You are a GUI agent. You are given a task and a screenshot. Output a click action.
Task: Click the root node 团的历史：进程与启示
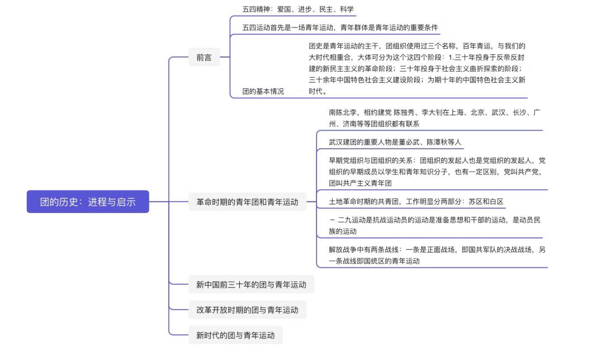[88, 201]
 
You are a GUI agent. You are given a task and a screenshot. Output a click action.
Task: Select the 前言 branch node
[204, 58]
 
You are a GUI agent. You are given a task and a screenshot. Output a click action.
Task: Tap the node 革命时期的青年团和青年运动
[248, 202]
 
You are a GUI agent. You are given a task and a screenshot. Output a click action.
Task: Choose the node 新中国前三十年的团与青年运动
[251, 285]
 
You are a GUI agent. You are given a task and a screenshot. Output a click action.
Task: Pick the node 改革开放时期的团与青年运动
[248, 310]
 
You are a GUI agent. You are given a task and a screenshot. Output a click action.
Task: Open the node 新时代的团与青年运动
[236, 335]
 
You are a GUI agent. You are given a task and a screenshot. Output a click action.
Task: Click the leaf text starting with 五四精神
[298, 9]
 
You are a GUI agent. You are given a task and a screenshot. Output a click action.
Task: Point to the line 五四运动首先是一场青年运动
[340, 27]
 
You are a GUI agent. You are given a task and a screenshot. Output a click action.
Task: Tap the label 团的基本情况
[263, 91]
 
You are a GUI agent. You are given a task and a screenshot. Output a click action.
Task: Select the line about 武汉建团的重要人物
[395, 142]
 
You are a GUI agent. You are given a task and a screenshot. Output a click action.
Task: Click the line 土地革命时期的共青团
[416, 201]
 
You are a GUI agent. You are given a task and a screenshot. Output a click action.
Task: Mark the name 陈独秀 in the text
[404, 112]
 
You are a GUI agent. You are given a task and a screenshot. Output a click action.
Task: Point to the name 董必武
[409, 142]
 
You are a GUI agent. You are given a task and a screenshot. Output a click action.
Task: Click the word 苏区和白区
[486, 201]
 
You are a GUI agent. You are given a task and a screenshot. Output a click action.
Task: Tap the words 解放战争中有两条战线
[364, 250]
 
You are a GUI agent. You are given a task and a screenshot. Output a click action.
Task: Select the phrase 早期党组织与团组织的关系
[371, 161]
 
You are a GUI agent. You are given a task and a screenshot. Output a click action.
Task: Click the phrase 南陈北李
[343, 112]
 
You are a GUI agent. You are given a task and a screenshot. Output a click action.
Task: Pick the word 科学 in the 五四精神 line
[347, 9]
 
